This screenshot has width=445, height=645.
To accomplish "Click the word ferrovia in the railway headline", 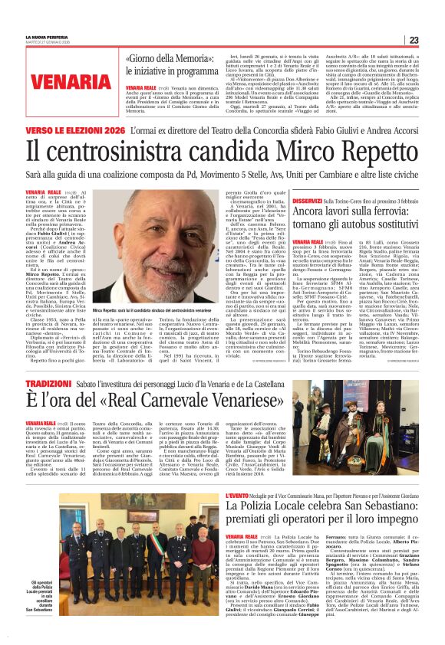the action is click(385, 212).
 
